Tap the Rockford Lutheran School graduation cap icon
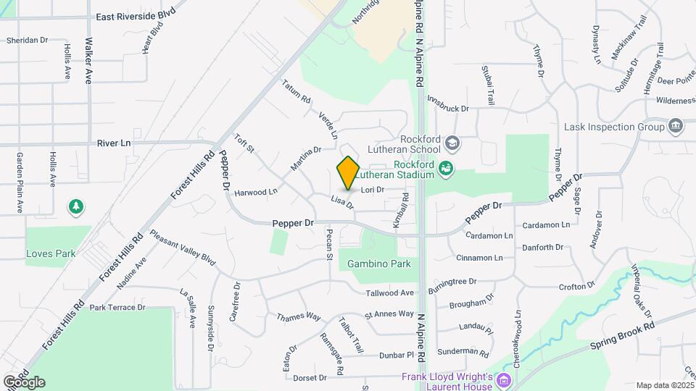click(453, 143)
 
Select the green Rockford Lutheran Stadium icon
click(447, 169)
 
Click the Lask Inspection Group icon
click(676, 127)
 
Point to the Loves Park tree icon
click(75, 208)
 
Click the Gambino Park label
click(379, 264)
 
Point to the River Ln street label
click(114, 143)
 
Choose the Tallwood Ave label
click(389, 293)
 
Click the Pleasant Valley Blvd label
click(183, 248)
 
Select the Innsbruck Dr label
click(448, 104)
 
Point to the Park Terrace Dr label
click(117, 308)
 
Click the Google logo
click(24, 382)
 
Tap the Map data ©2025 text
click(664, 385)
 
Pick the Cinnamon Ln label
click(479, 258)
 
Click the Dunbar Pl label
click(396, 356)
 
